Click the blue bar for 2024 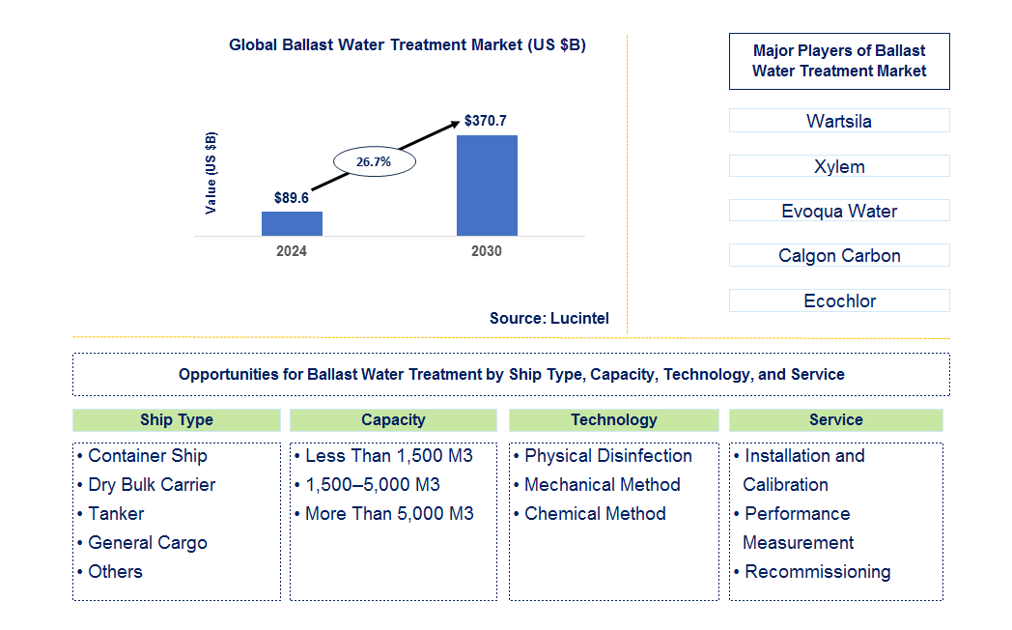(x=292, y=223)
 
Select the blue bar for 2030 (x=487, y=185)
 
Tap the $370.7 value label (x=485, y=121)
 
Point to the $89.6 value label (x=291, y=198)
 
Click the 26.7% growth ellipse (x=374, y=161)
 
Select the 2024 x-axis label (x=292, y=251)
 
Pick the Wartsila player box (x=838, y=121)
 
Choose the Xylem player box (x=838, y=166)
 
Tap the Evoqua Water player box (x=838, y=211)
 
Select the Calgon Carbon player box (x=838, y=255)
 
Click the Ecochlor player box (x=838, y=301)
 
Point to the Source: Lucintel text (x=548, y=318)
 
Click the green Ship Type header (x=176, y=420)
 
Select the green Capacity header (x=393, y=420)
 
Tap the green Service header (x=835, y=420)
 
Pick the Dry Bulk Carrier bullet (x=151, y=485)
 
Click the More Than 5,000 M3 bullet (x=388, y=514)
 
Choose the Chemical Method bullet (x=594, y=514)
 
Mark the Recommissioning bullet (x=817, y=572)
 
